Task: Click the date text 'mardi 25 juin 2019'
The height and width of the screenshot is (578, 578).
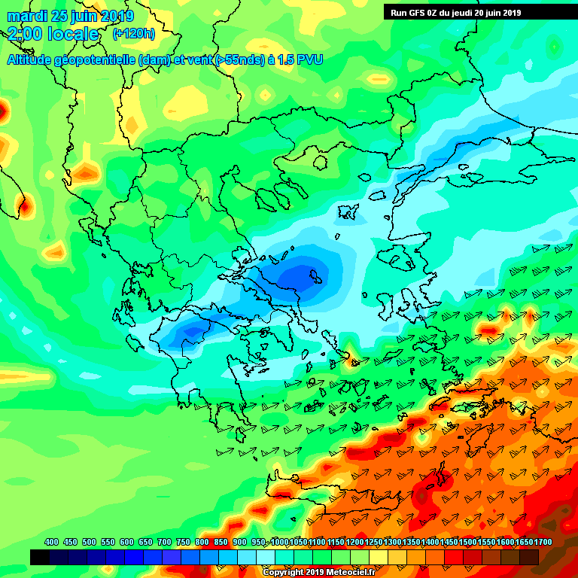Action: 71,16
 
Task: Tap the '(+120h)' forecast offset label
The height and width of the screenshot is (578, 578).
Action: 134,34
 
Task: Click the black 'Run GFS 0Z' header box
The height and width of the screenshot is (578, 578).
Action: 479,12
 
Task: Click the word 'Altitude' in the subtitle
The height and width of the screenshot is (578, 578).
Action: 32,59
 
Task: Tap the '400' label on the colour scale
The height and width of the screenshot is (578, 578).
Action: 52,542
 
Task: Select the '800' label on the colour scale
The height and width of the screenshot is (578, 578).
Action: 202,542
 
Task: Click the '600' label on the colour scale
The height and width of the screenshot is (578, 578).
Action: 126,542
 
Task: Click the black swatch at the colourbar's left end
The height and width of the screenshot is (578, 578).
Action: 40,557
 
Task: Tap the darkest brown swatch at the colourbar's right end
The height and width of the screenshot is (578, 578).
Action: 529,557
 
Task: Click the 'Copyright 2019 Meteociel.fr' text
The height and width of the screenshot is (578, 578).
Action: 318,572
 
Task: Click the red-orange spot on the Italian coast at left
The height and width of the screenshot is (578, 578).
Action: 23,204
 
